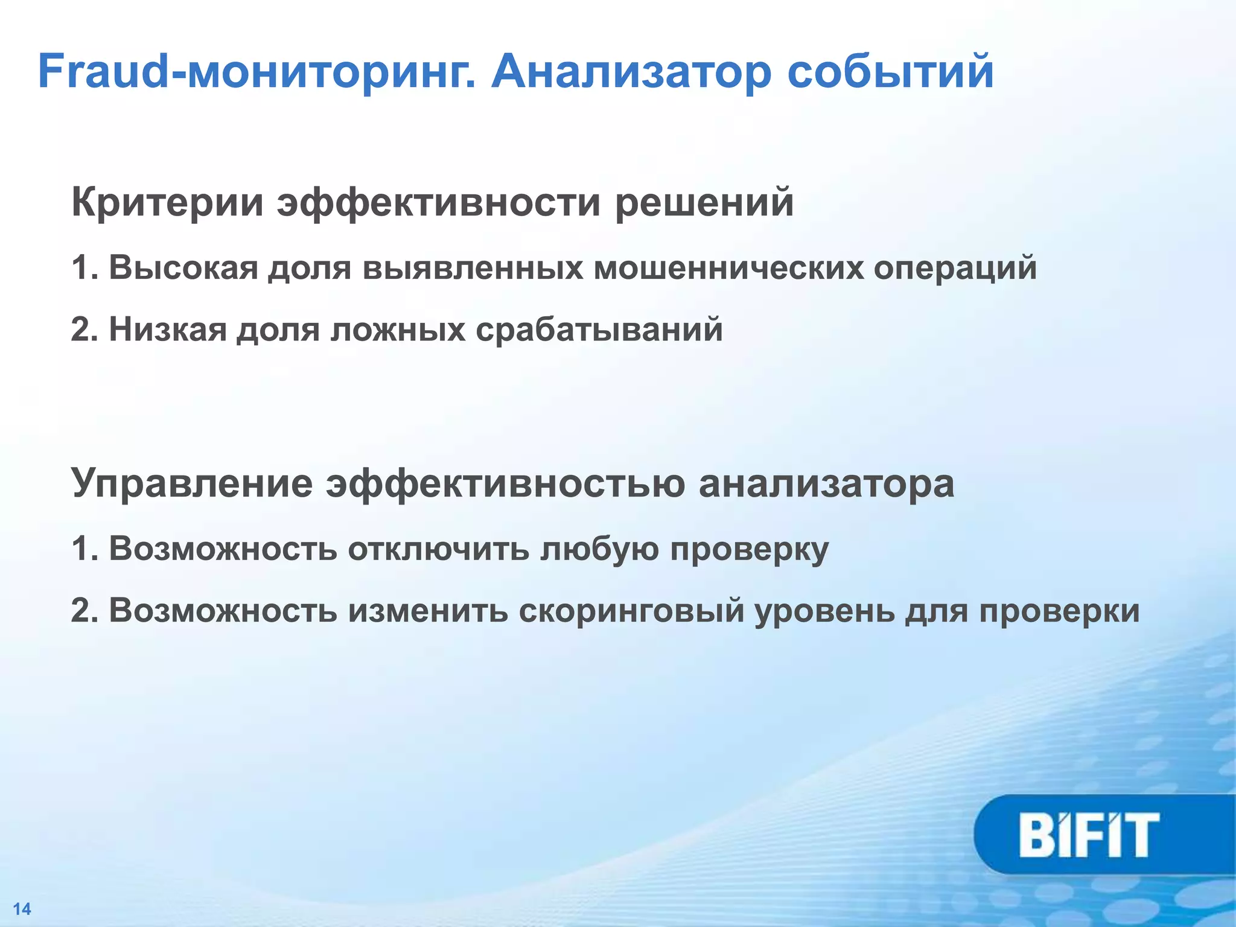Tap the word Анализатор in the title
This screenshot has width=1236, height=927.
coord(631,72)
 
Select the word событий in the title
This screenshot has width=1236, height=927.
coord(891,72)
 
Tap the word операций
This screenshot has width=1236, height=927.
coord(955,268)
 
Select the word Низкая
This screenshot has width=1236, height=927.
coord(168,330)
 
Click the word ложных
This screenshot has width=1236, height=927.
coord(398,330)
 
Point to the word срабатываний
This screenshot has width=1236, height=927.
coord(599,330)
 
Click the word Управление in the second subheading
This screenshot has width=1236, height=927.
coord(192,483)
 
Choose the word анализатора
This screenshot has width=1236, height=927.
coord(826,483)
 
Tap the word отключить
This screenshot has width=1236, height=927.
coord(438,549)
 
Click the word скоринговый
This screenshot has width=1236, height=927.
coord(631,611)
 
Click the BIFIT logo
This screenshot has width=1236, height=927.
coord(1089,835)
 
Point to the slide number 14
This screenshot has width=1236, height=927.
coord(22,909)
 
